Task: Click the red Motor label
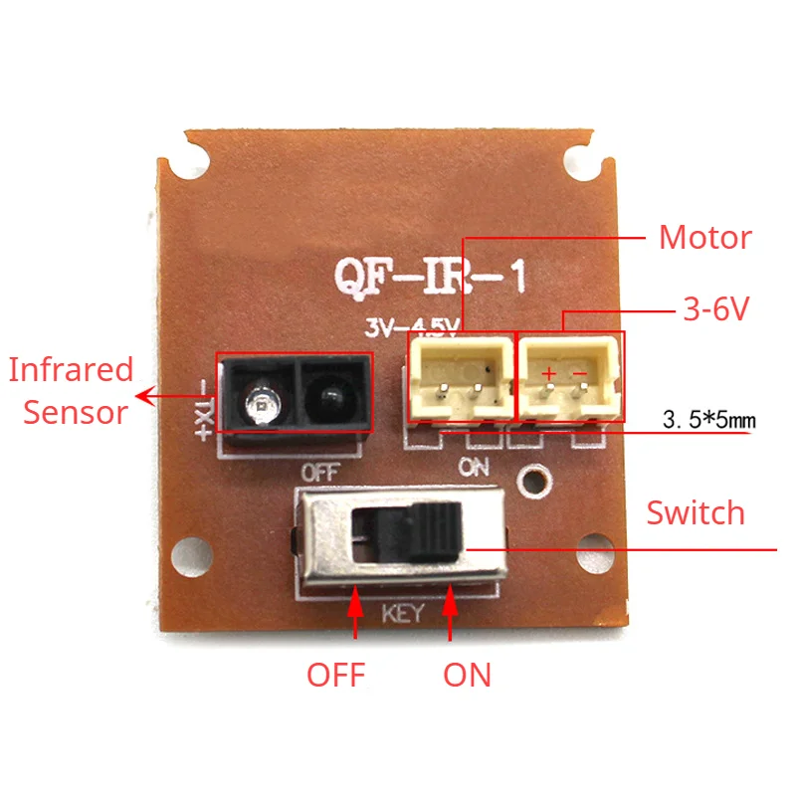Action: tap(704, 239)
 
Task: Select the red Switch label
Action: tap(696, 513)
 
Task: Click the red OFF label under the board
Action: tap(335, 675)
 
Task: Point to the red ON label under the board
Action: tap(467, 675)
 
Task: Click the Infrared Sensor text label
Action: tap(70, 390)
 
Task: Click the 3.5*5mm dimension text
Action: tap(708, 422)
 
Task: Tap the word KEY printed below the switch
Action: tap(402, 614)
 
